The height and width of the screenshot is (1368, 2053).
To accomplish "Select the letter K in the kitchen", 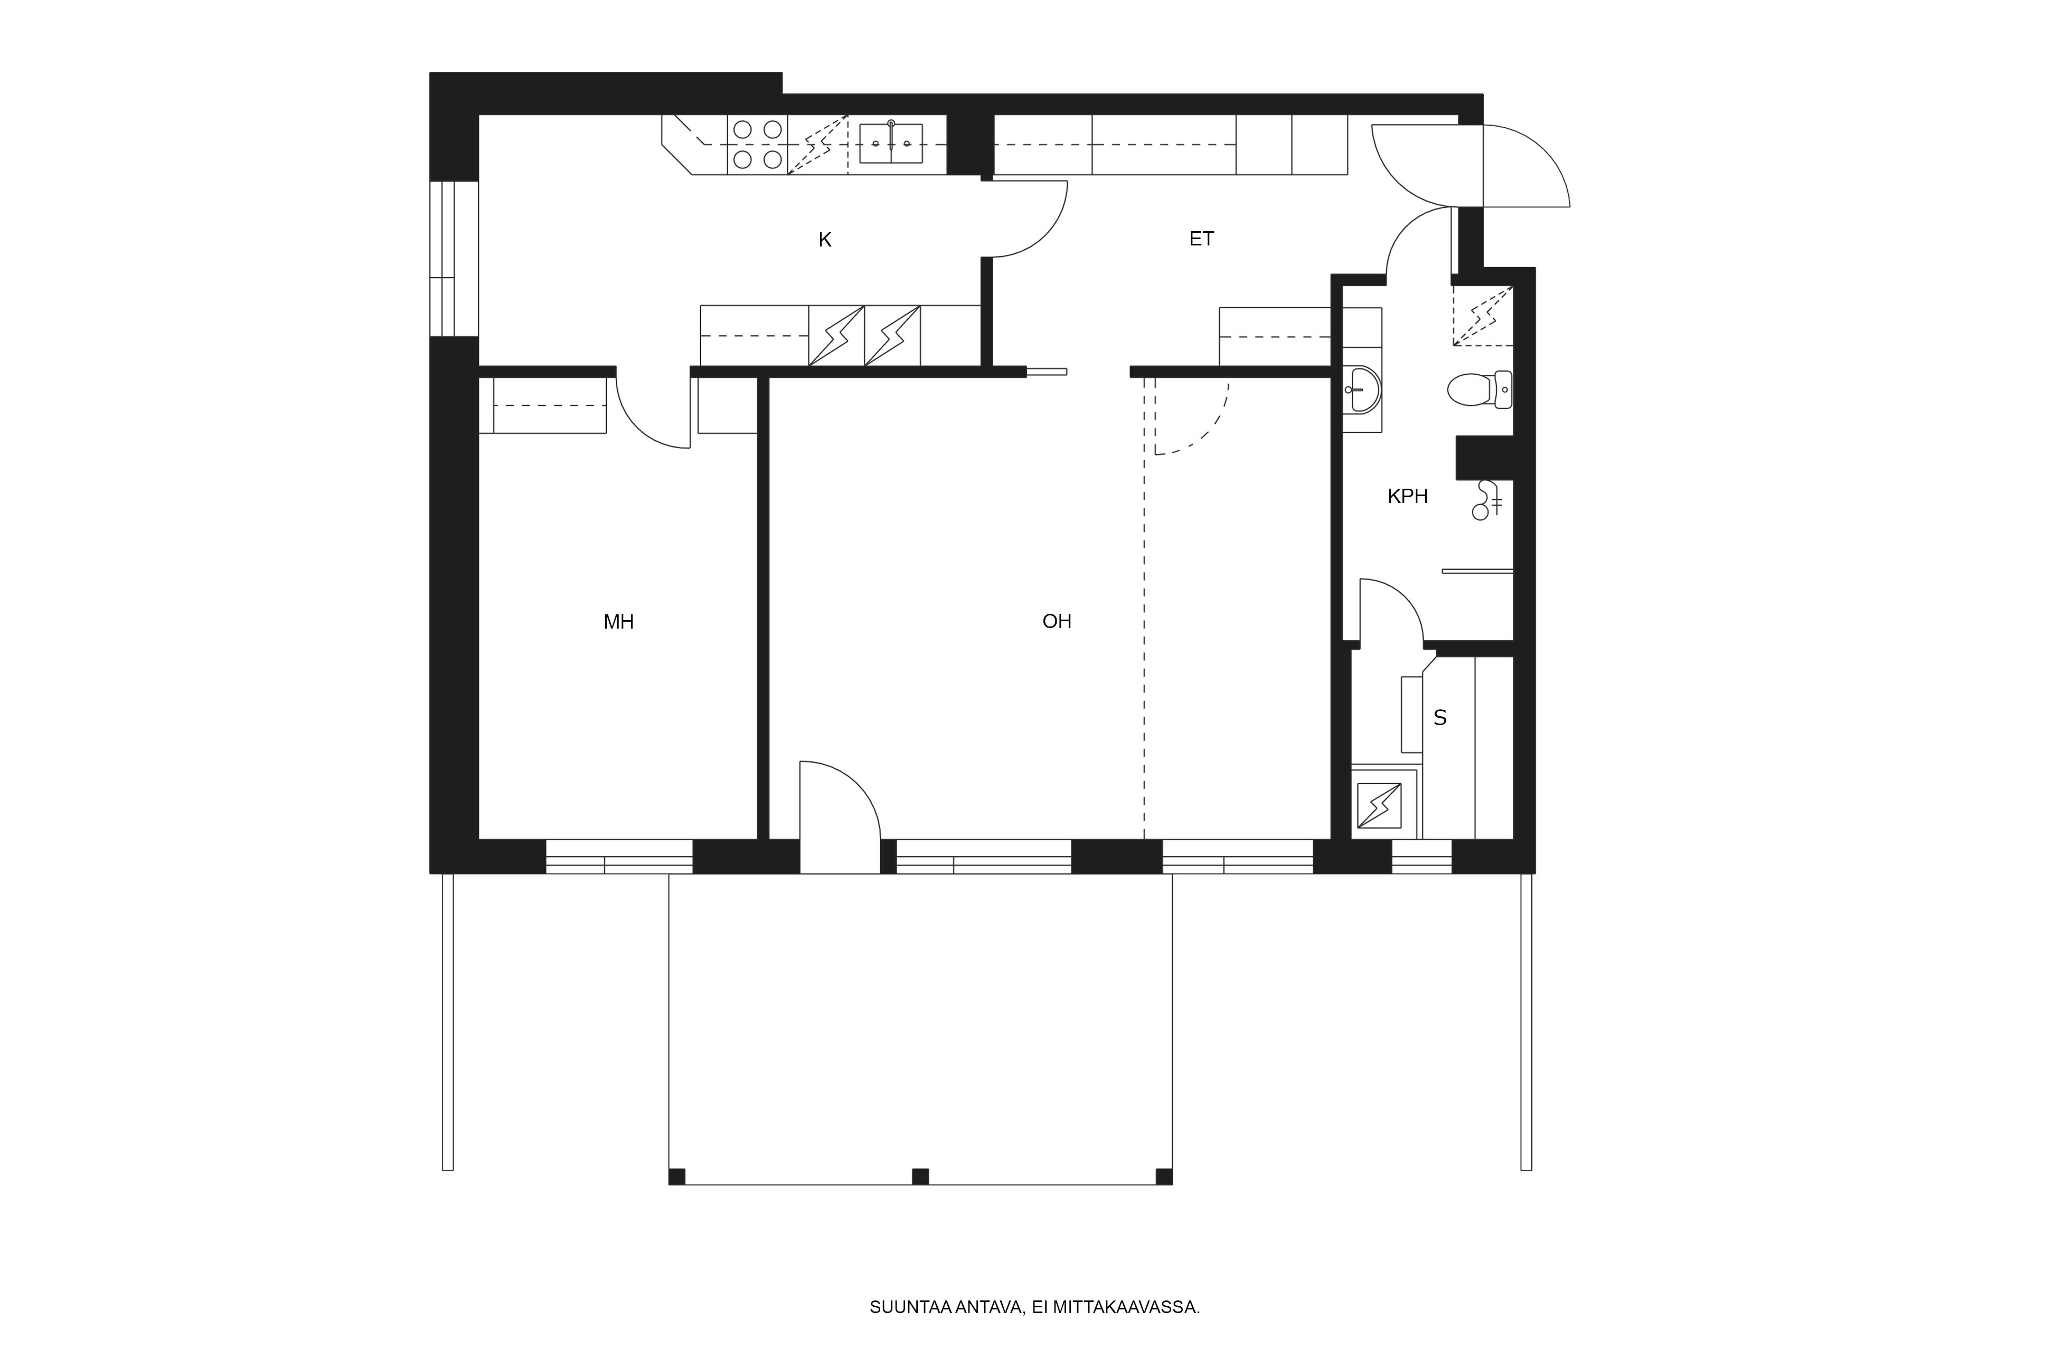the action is [x=825, y=240].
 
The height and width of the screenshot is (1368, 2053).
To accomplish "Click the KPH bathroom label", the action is [x=1407, y=497].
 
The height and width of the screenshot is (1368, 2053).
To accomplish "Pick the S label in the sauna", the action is [x=1440, y=717].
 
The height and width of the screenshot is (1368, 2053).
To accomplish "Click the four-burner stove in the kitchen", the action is [x=758, y=145].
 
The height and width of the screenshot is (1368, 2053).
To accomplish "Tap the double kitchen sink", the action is [x=891, y=143].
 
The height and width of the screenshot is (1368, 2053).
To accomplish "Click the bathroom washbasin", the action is [x=1362, y=389].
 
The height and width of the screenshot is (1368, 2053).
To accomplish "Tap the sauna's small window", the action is [x=1422, y=856].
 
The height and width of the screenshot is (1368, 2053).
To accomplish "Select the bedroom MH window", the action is [x=619, y=856].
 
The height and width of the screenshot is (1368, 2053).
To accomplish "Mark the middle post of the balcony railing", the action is [x=920, y=1177].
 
